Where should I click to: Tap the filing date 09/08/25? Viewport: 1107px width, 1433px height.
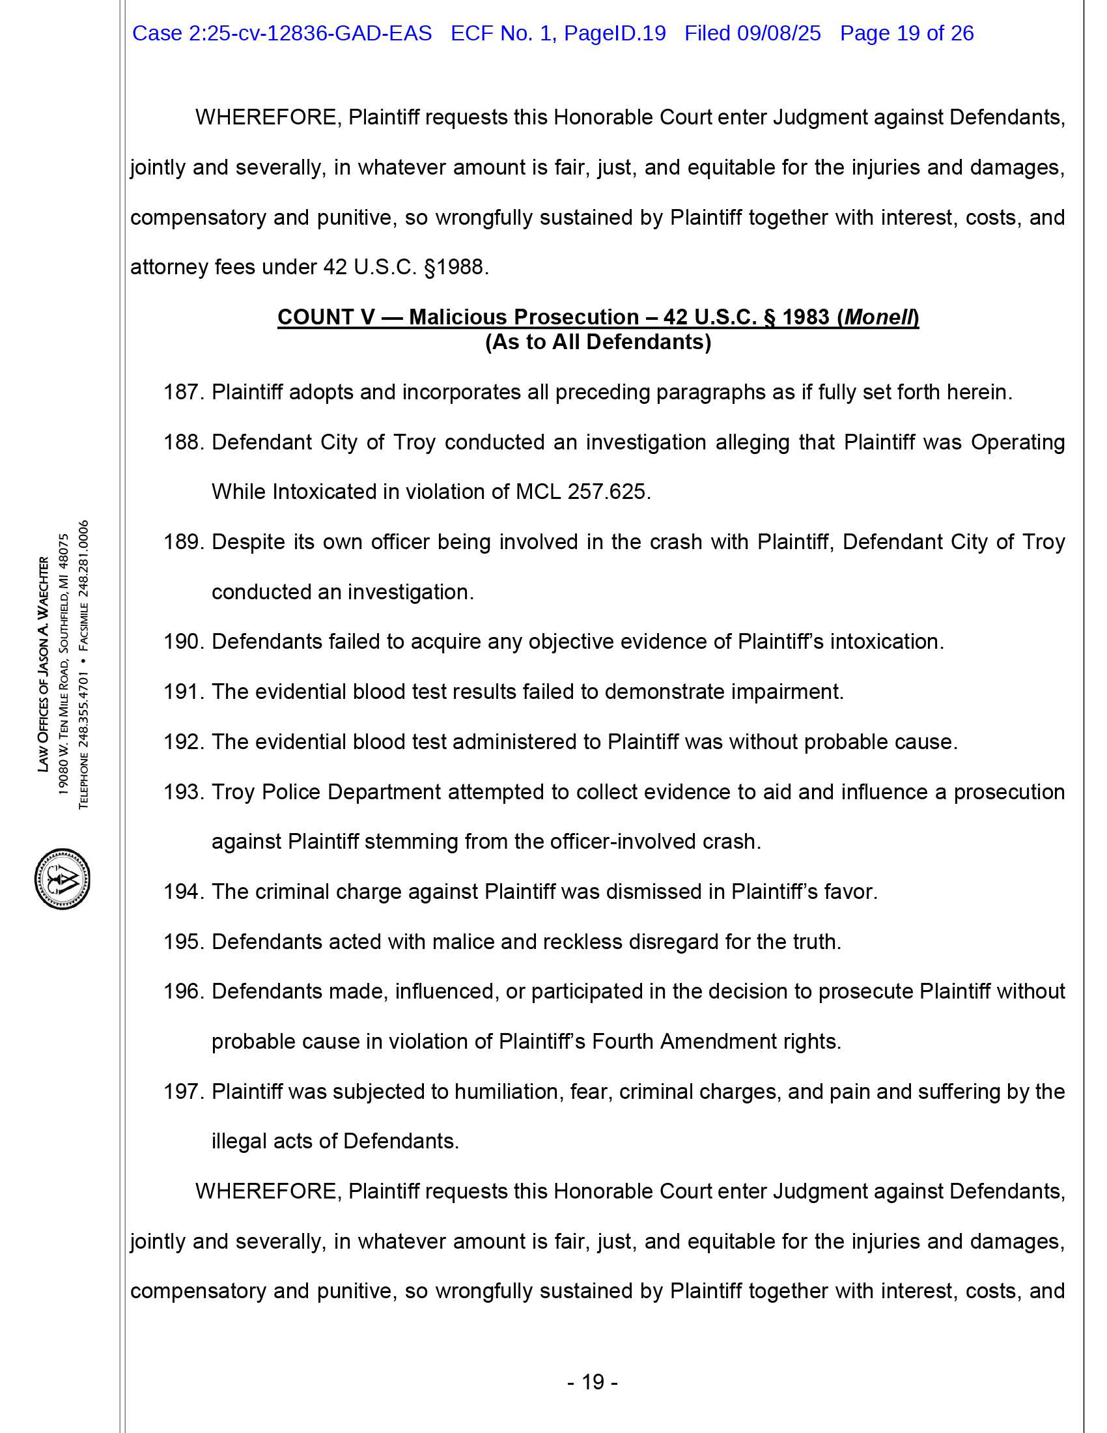(x=778, y=33)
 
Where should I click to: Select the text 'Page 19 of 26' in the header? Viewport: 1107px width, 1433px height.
(x=906, y=33)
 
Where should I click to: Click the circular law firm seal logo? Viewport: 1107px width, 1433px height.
(x=63, y=879)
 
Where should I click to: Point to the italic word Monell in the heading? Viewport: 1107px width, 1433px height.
(x=879, y=318)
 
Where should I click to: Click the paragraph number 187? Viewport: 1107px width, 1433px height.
(x=184, y=392)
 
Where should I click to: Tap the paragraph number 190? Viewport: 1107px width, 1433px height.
(x=184, y=642)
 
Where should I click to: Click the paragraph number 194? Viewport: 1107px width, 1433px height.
(x=184, y=892)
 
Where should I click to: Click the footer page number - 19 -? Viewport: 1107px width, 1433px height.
(x=592, y=1382)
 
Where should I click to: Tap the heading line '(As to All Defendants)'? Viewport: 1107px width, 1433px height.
(x=598, y=343)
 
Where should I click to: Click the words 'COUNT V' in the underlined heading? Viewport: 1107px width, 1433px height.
(x=326, y=318)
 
